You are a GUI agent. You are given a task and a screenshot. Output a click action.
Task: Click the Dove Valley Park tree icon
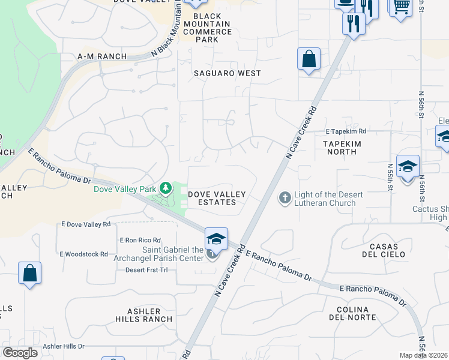[164, 188]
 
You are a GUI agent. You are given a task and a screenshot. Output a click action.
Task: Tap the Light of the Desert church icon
[285, 197]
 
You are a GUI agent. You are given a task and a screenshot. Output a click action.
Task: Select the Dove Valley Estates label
[217, 198]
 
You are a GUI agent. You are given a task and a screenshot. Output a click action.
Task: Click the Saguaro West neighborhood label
[227, 73]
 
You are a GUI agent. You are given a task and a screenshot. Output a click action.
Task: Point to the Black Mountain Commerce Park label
[206, 28]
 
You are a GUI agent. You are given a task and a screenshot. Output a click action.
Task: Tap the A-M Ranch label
[102, 56]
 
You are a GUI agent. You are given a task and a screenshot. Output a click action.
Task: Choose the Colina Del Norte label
[356, 313]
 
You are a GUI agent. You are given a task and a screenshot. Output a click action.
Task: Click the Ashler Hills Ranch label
[145, 315]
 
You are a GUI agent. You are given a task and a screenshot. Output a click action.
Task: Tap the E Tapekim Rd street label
[346, 131]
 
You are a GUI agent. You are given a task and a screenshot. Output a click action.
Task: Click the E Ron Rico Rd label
[140, 240]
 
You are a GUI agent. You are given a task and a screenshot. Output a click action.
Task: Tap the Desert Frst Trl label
[146, 270]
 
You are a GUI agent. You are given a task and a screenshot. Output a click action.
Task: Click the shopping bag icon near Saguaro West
[309, 59]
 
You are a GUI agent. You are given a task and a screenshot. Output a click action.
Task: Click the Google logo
[20, 353]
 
